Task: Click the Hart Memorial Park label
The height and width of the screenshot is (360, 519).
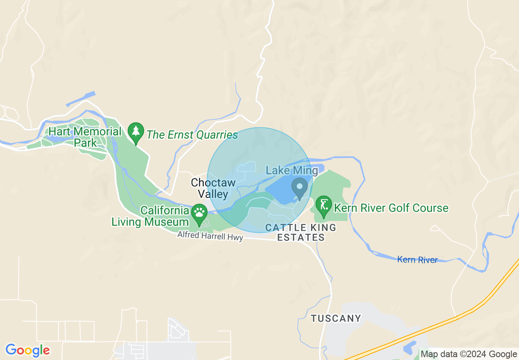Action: click(x=85, y=137)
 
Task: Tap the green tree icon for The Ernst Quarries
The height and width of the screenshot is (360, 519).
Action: click(x=136, y=132)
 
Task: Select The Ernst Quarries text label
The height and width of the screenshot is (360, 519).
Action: click(x=192, y=135)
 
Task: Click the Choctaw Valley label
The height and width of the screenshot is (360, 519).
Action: click(x=213, y=188)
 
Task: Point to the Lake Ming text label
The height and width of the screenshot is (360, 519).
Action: click(x=291, y=171)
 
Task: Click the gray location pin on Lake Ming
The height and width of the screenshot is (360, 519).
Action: click(x=300, y=187)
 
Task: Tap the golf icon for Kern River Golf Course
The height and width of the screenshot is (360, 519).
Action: click(x=324, y=205)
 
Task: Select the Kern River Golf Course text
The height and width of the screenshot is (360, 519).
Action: click(x=391, y=208)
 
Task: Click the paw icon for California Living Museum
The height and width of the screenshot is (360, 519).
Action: click(x=199, y=213)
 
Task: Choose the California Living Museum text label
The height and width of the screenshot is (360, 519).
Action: click(x=150, y=216)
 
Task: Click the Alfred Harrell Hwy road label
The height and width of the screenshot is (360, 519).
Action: click(x=210, y=236)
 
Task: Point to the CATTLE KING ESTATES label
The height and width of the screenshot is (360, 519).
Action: click(x=301, y=232)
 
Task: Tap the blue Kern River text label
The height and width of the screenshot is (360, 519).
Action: click(x=417, y=260)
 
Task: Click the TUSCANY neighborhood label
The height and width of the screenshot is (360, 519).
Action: click(x=336, y=318)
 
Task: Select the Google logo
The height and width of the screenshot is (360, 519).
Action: click(x=27, y=350)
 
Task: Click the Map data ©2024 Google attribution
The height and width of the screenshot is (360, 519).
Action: click(x=469, y=354)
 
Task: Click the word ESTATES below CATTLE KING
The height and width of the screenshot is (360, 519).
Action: click(x=301, y=237)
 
